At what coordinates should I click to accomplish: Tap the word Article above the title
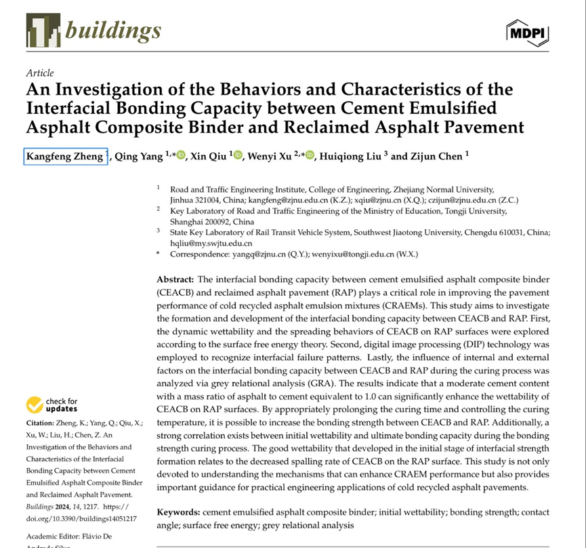(40, 73)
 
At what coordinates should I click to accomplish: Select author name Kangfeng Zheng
(64, 157)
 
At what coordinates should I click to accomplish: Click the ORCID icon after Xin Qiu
(238, 156)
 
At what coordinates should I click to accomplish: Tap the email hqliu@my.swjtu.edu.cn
(211, 242)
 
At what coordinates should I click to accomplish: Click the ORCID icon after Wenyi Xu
(310, 156)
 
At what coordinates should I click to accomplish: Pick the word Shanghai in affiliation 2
(188, 222)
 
